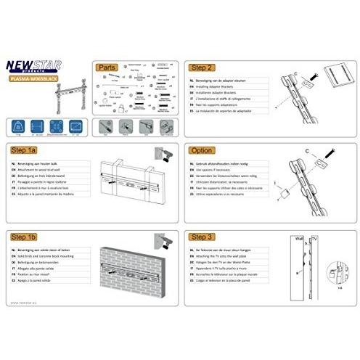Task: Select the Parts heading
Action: pos(107,66)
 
